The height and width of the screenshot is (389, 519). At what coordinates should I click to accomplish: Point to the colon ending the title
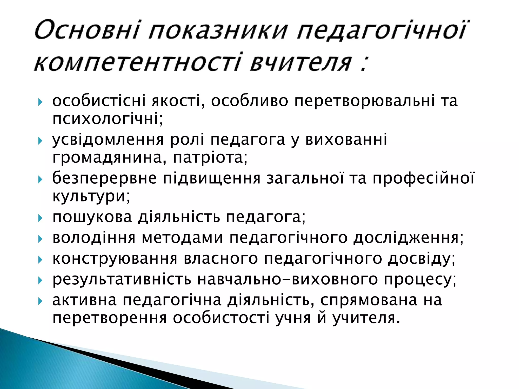pyautogui.click(x=364, y=65)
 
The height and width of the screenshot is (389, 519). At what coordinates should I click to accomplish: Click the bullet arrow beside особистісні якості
pyautogui.click(x=40, y=102)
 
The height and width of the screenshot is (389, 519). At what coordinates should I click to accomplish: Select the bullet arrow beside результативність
pyautogui.click(x=40, y=281)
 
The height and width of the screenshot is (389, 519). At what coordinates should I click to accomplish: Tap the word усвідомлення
pyautogui.click(x=108, y=140)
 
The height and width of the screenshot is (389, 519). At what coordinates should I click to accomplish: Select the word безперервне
pyautogui.click(x=104, y=178)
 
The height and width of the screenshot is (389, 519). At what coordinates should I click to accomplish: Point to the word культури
pyautogui.click(x=91, y=196)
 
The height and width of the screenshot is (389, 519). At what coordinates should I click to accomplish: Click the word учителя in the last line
pyautogui.click(x=366, y=319)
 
